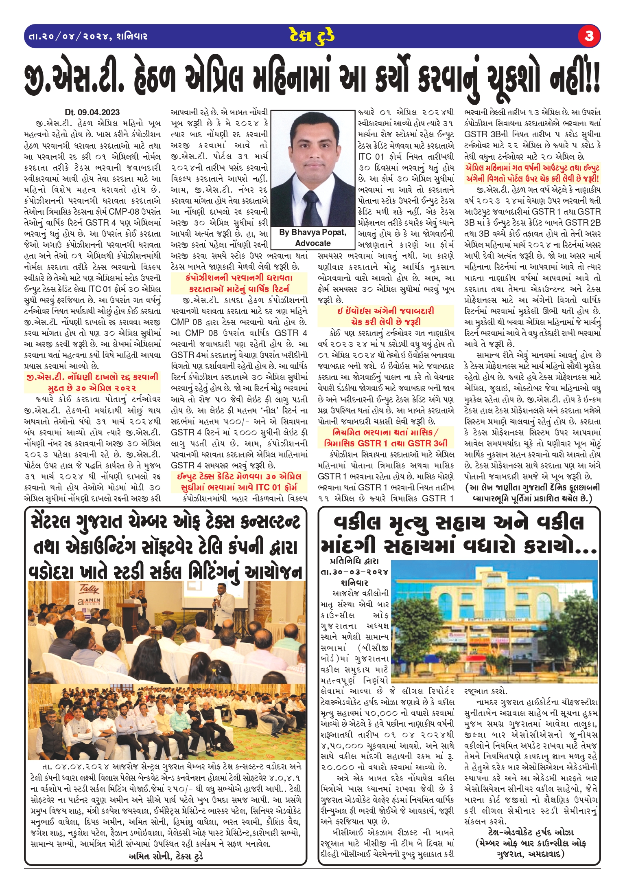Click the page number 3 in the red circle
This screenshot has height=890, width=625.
pos(588,36)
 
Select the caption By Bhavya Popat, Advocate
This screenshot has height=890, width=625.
pos(312,238)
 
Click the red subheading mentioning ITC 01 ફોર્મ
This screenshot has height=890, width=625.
pos(239,482)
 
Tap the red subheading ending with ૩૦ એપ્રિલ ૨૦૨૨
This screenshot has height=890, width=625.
pos(92,382)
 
